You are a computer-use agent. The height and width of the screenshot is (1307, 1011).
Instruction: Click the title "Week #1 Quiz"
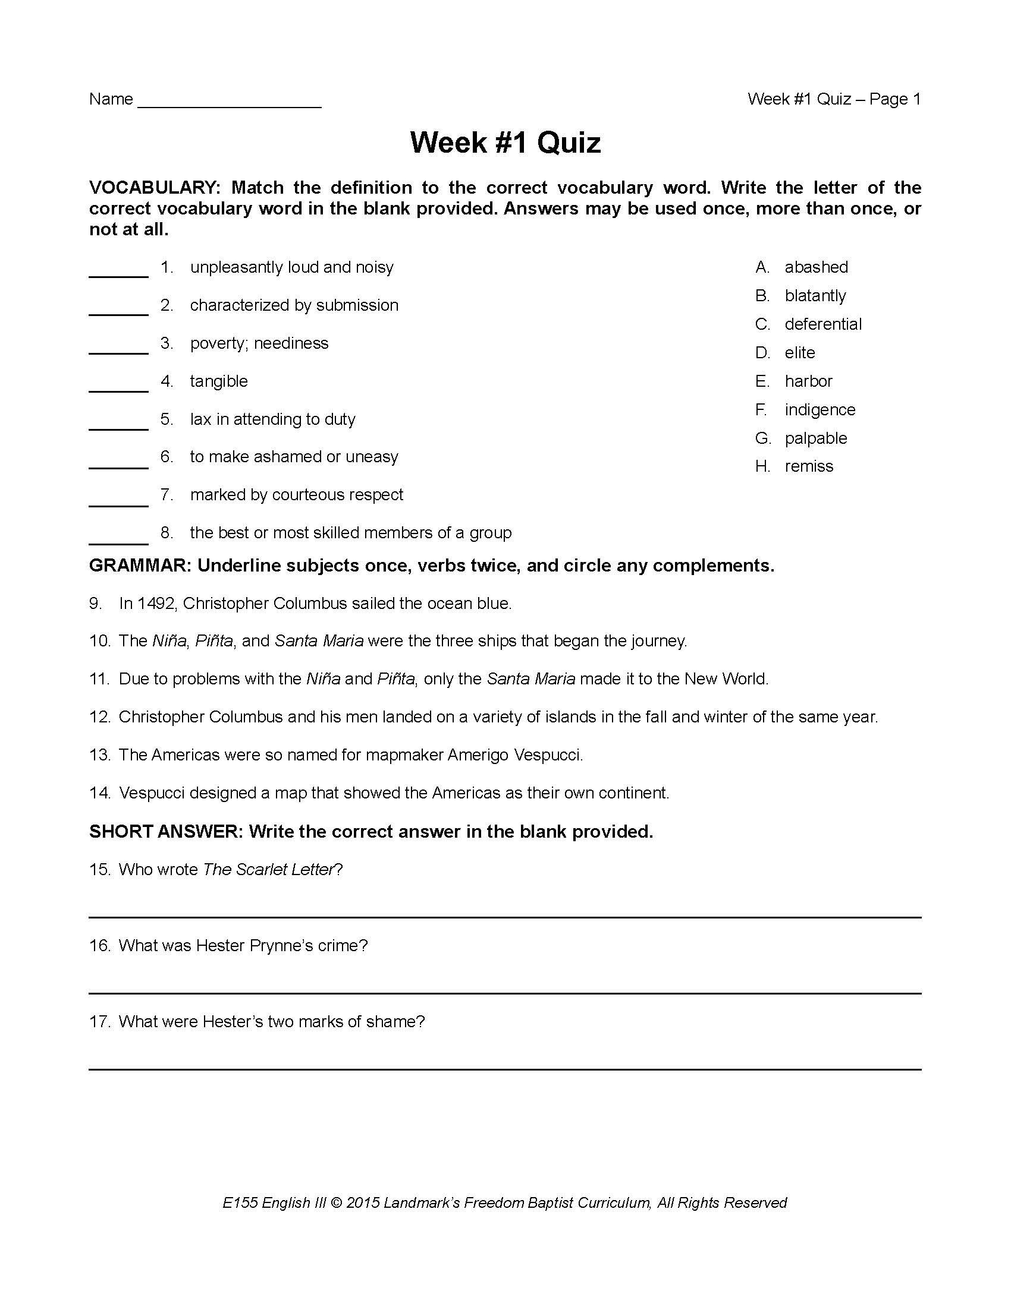pos(505,143)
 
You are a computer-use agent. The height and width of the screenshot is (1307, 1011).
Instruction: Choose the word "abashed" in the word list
pos(817,267)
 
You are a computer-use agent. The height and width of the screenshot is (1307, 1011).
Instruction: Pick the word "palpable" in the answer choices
pos(816,438)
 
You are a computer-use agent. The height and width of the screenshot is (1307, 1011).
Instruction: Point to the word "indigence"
pos(820,410)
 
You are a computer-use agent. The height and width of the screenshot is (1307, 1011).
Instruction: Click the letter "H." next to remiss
pos(762,467)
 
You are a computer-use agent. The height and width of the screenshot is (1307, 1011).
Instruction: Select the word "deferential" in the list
pos(823,324)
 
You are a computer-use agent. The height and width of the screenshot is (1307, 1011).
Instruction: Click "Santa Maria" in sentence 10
pos(319,642)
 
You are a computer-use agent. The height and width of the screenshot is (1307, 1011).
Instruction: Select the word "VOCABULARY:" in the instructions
pos(155,188)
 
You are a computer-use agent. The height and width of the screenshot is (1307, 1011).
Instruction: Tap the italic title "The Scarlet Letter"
pos(268,870)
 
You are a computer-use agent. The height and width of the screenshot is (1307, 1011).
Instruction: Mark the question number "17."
pos(100,1022)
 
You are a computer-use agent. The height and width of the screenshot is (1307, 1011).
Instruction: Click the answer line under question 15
pos(505,916)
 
